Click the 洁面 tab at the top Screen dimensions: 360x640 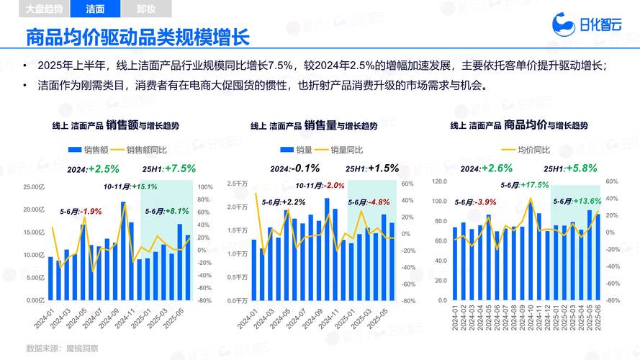pos(95,9)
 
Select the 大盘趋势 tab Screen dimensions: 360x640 pos(43,9)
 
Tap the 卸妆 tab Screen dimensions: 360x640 pos(145,9)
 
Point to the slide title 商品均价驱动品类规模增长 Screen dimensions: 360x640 pos(137,38)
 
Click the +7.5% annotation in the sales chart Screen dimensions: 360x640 pos(180,168)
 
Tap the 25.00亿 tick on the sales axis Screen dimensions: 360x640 pos(33,187)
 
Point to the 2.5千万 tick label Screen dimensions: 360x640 pos(237,184)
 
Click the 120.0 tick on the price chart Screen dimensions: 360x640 pos(439,181)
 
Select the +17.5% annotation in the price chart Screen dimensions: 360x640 pos(534,185)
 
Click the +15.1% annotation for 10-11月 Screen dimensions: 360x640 pos(144,186)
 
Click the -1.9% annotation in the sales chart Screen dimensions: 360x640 pos(91,211)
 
